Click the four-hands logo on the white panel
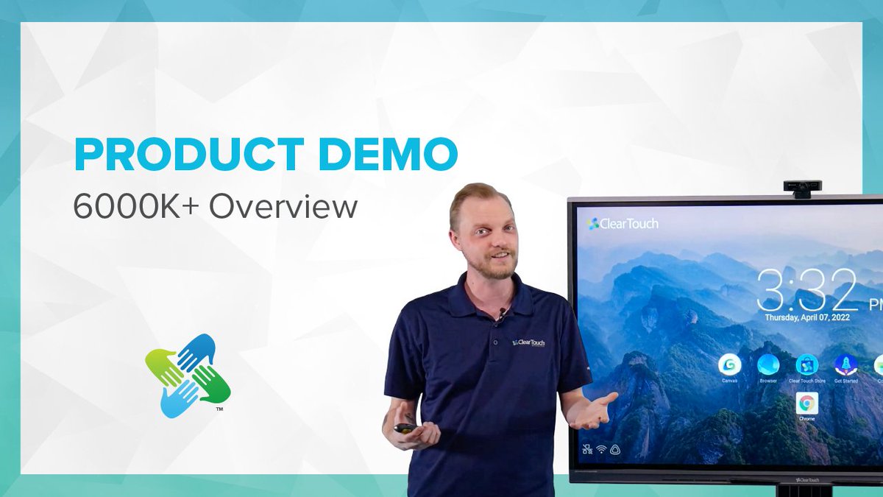point(188,376)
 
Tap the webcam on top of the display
point(802,188)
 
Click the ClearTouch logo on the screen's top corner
point(623,223)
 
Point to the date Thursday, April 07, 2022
point(812,317)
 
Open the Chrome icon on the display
point(806,403)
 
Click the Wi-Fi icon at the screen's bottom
point(601,448)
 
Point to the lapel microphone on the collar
point(502,314)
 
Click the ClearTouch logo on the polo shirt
point(528,342)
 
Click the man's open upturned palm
point(596,409)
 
